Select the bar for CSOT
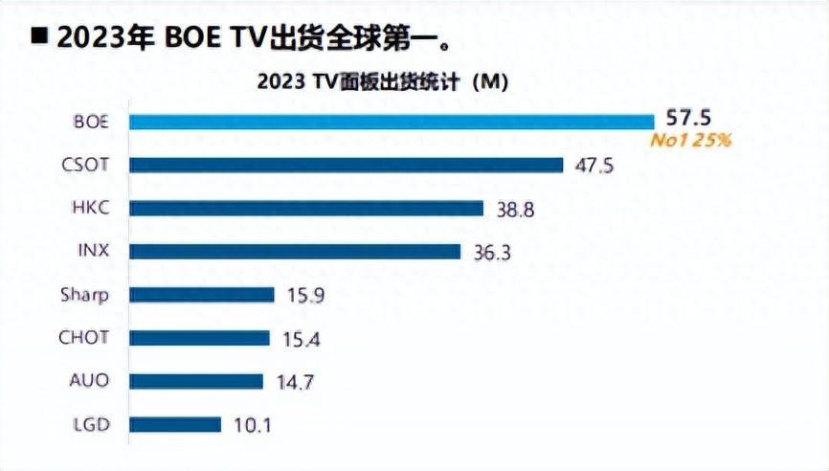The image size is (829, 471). (x=346, y=165)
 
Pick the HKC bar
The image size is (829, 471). (x=305, y=208)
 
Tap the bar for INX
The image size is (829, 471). (x=295, y=251)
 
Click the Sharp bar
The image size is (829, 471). (x=201, y=294)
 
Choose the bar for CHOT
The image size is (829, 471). (x=199, y=337)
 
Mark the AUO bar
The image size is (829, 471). (x=195, y=381)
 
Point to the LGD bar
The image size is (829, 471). (x=175, y=424)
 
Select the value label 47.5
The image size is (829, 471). (x=594, y=165)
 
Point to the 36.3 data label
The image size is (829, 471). (x=492, y=251)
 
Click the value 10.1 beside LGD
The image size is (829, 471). (x=252, y=424)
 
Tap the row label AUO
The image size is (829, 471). (x=90, y=381)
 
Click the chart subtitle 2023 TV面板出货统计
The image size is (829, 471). (x=382, y=82)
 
